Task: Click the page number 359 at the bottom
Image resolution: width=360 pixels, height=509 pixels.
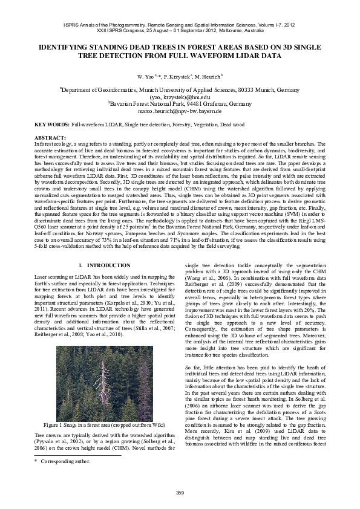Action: point(180,491)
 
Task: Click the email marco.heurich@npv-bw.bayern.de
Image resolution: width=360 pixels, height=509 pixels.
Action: point(180,112)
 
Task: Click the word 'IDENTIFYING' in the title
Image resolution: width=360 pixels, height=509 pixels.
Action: point(66,47)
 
